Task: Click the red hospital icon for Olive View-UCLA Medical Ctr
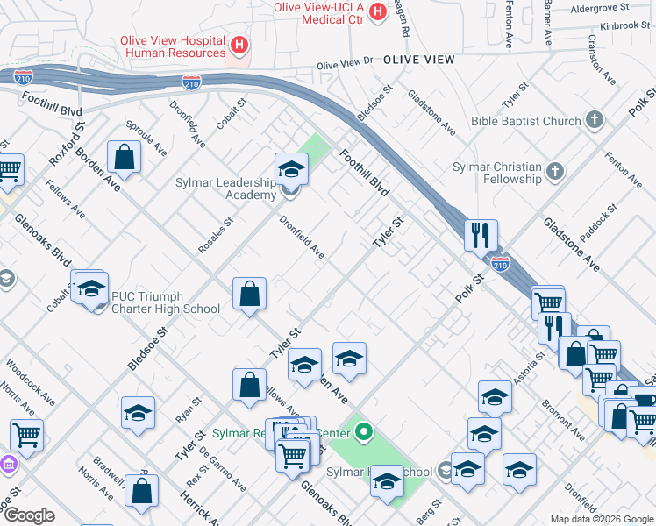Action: click(378, 11)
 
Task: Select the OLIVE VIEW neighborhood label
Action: click(418, 60)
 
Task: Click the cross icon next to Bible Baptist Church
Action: click(594, 121)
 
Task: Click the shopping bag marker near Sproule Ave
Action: click(125, 158)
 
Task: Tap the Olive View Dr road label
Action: click(345, 65)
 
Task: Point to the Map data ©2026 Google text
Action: click(601, 519)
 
